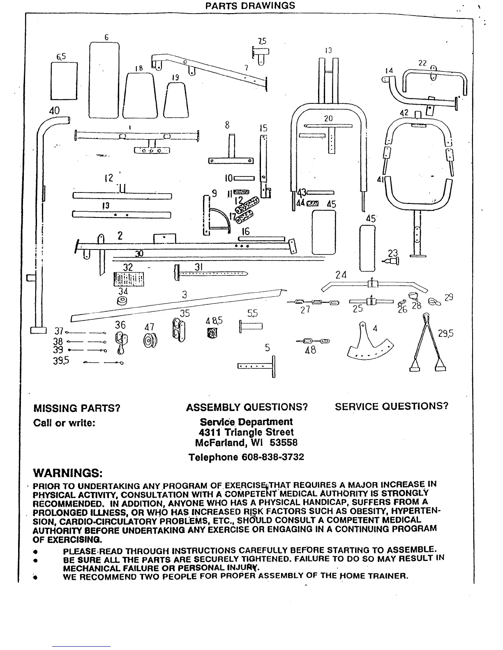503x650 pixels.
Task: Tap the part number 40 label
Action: [54, 111]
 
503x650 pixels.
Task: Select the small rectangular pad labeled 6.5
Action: [64, 81]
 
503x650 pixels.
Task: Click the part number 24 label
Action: [341, 275]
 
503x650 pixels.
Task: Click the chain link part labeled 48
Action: [312, 341]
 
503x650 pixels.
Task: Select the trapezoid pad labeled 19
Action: [176, 101]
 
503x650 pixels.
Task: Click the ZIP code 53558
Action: [284, 443]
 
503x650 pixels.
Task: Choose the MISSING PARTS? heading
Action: [76, 408]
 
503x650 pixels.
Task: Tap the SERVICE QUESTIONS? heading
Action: [391, 406]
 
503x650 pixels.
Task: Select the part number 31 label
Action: [199, 267]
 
